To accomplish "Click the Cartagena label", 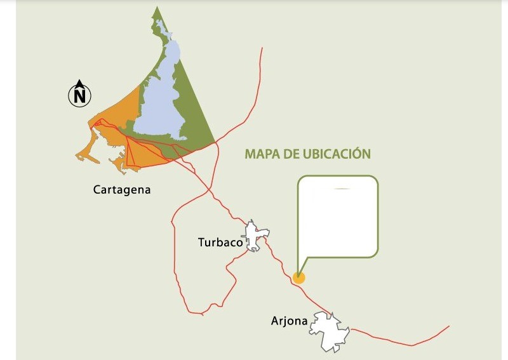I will click(122, 189).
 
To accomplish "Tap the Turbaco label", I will click(220, 242).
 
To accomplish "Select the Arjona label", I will click(290, 321).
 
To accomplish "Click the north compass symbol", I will click(80, 95).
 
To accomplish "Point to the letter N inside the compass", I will click(80, 97).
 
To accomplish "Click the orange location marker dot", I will click(298, 277).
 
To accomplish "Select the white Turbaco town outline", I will click(255, 236).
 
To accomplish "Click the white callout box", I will click(338, 216).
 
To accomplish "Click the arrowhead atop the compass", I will click(80, 83).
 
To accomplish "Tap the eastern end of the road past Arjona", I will click(449, 326).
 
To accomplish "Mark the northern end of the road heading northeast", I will click(262, 48).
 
